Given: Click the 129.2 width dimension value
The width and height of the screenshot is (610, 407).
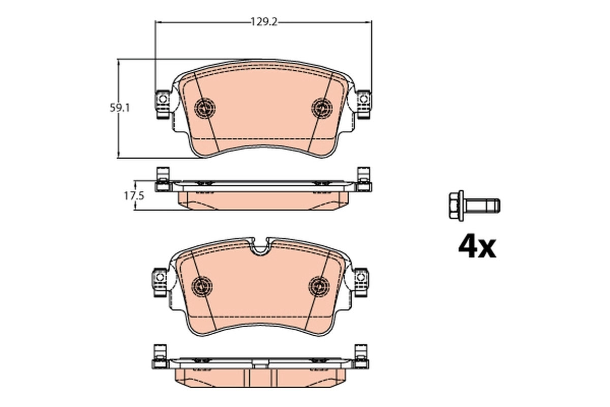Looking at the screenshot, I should point(263,22).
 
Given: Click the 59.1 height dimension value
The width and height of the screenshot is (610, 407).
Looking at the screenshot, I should point(120,108).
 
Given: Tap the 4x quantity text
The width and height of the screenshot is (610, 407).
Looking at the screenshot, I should point(476,247).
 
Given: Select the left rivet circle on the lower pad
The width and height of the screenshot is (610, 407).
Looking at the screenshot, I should point(206,285).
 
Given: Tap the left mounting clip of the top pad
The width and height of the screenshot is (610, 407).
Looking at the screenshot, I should point(162,103).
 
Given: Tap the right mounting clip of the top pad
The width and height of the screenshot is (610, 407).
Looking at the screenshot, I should point(363,103).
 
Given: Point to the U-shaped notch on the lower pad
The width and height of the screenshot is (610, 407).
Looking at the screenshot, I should point(262,248).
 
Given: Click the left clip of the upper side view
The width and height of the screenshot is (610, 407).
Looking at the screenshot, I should point(162,180).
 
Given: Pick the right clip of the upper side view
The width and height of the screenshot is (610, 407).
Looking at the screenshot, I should point(363,180).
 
